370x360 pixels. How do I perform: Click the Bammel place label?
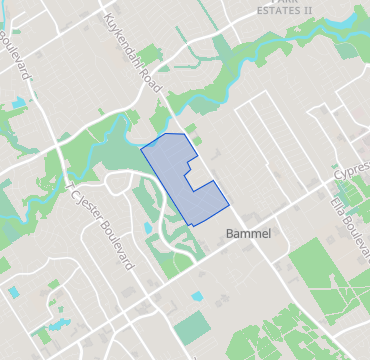tap(249, 232)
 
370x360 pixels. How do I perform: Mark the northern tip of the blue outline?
tap(166, 132)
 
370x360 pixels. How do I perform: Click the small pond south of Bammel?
tap(197, 297)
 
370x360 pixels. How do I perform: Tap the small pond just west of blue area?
tap(148, 228)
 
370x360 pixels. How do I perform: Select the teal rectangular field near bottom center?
tap(191, 328)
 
